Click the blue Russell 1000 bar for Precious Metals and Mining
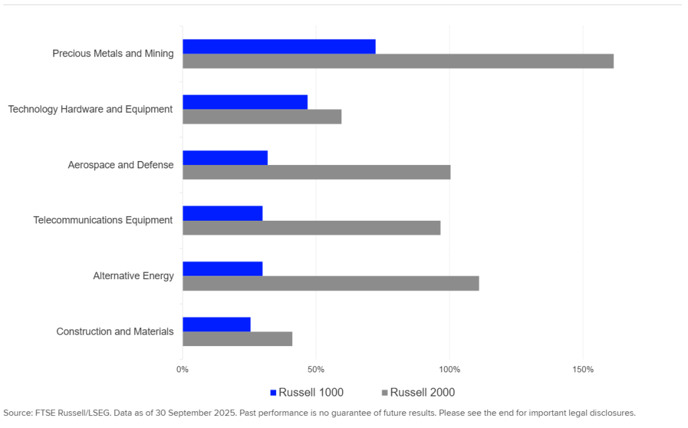pos(279,46)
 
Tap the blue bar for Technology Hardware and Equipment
pos(245,102)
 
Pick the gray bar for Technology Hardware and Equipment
pos(262,117)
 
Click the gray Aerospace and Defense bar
pos(316,172)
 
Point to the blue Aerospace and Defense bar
pos(225,158)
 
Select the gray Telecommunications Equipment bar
pos(312,227)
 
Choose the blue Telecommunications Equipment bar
pos(222,213)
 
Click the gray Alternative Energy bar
pos(331,283)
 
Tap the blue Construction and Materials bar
pos(216,324)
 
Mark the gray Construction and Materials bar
pos(237,339)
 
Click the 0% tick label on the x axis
pos(183,370)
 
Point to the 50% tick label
pos(316,370)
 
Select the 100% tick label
pos(449,370)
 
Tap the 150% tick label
pos(583,370)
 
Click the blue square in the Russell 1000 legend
pos(273,392)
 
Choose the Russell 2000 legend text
pos(422,392)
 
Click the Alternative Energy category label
pos(133,276)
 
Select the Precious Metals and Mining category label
pos(113,54)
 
